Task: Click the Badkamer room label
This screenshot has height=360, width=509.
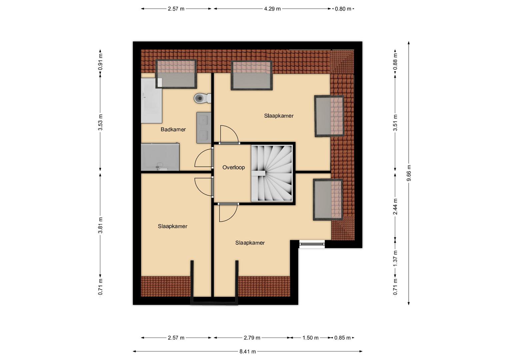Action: [x=173, y=130]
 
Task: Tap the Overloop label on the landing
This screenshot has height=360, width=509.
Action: [x=234, y=167]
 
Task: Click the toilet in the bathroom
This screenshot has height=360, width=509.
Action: [x=202, y=98]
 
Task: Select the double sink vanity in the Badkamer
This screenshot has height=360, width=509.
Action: [x=204, y=127]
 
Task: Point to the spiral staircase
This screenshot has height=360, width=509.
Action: [x=272, y=173]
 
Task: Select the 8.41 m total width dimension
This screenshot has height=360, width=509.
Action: [x=247, y=352]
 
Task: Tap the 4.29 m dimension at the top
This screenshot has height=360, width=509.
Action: [x=272, y=9]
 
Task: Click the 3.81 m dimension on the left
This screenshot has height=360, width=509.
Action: [x=100, y=225]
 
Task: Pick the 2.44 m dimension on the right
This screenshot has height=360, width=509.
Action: [x=395, y=206]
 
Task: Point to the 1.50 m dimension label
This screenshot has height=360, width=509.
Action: [x=310, y=338]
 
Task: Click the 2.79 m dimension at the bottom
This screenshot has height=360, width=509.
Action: [x=252, y=338]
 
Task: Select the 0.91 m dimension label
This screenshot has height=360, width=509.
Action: [x=100, y=62]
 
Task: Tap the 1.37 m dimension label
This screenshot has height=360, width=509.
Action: [x=395, y=259]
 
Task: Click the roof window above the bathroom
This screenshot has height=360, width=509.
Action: [x=176, y=74]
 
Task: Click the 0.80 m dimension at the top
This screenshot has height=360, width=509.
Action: [x=343, y=9]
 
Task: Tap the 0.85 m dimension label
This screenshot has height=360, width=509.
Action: [x=342, y=338]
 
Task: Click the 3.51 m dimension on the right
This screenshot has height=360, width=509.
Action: [x=395, y=123]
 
